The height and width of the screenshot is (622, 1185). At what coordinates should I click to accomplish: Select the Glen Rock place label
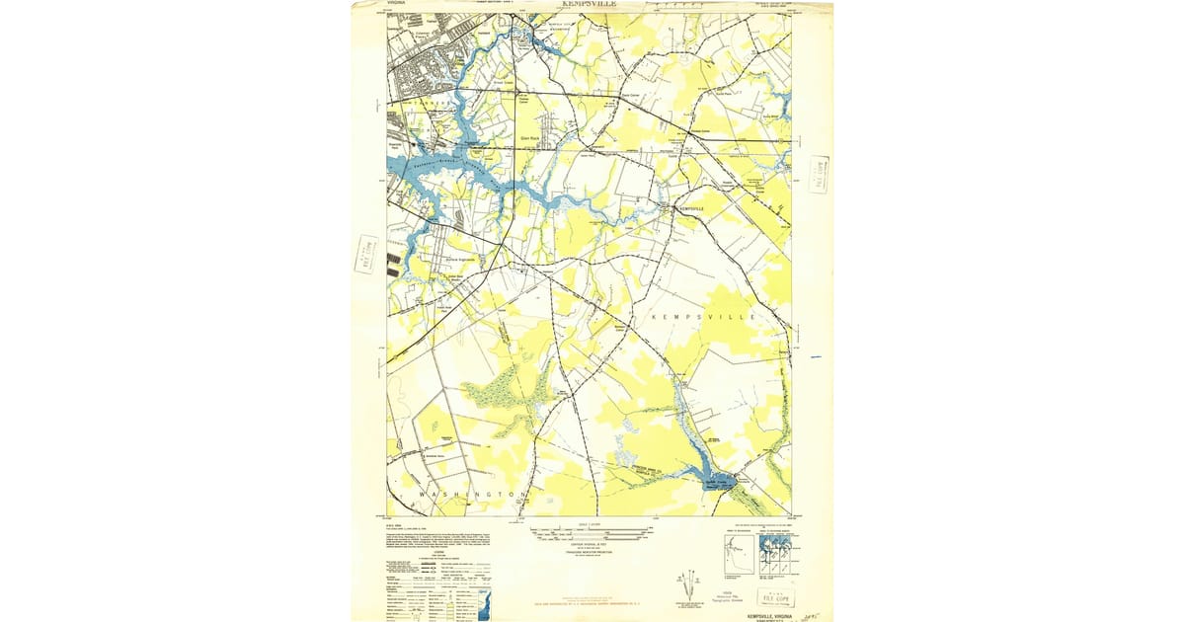[530, 138]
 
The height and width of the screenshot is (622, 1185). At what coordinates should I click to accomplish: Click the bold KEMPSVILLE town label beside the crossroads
[691, 209]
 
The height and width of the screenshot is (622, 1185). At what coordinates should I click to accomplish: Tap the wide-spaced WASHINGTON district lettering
[471, 493]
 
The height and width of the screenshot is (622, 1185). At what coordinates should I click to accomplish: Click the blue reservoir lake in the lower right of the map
[718, 481]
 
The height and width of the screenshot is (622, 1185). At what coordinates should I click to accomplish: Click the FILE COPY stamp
[775, 597]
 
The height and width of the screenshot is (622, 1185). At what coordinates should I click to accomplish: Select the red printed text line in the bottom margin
[592, 600]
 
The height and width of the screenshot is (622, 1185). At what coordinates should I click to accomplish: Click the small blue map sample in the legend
[482, 602]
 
